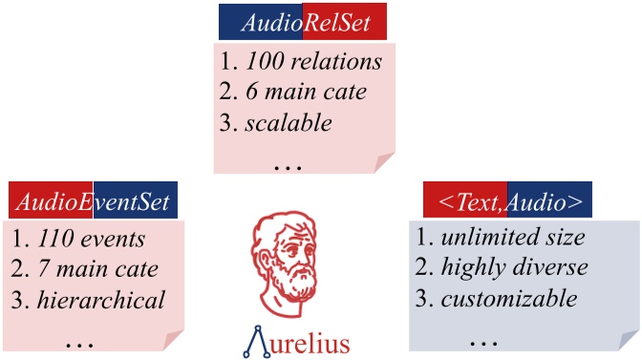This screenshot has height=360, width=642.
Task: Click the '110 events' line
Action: click(91, 239)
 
